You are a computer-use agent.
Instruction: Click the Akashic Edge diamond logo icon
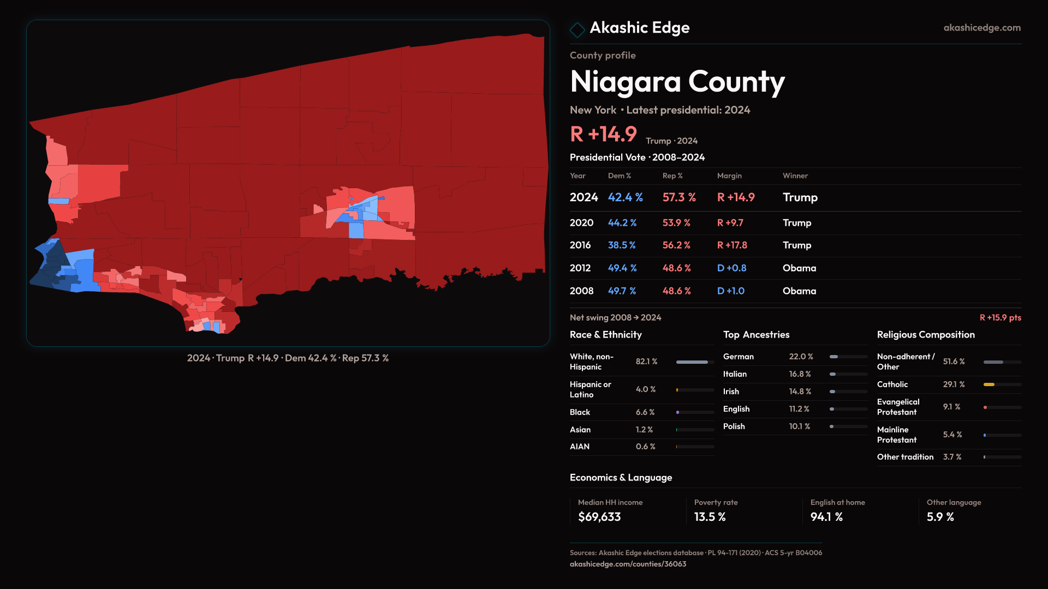coord(577,29)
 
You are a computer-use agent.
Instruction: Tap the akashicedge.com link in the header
coord(981,28)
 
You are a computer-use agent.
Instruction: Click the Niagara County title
coord(677,82)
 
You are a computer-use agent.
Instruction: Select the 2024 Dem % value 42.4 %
coord(625,197)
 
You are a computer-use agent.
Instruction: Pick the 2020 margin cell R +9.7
coord(730,223)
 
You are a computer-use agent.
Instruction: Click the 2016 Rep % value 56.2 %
coord(676,245)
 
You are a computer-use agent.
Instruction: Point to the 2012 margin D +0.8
coord(731,268)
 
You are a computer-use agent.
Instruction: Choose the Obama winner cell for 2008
coord(799,291)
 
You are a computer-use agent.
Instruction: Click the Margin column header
coord(729,176)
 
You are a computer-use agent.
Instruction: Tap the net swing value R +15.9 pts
coord(1000,317)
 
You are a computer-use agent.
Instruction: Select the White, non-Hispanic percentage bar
coord(692,362)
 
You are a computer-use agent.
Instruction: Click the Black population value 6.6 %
coord(645,412)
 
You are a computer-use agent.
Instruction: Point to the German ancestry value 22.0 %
coord(801,357)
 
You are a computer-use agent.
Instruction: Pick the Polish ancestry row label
coord(734,426)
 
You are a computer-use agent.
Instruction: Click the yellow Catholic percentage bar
coord(989,384)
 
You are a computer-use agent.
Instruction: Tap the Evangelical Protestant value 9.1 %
coord(951,407)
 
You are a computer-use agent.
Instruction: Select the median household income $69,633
coord(599,517)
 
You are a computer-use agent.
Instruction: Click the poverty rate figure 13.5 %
coord(710,517)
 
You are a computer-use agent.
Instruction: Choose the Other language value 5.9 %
coord(940,517)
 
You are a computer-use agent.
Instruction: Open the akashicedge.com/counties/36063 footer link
coord(628,564)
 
